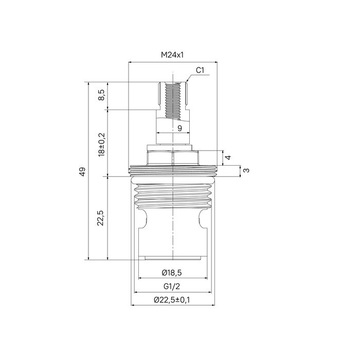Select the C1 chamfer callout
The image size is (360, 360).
pos(201,70)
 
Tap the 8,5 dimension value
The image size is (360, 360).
pos(101,96)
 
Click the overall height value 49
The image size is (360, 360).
pos(82,171)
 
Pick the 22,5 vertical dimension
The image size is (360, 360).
pos(101,218)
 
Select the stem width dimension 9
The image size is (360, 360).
pos(179,128)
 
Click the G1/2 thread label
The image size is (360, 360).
pos(171,287)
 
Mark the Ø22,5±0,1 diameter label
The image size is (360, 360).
pos(172,300)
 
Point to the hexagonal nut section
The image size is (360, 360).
pos(172,157)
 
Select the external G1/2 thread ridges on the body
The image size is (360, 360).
pos(172,195)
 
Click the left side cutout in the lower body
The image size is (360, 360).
pos(143,217)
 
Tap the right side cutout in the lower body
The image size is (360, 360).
pos(202,217)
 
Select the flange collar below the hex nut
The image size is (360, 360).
pos(172,168)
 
